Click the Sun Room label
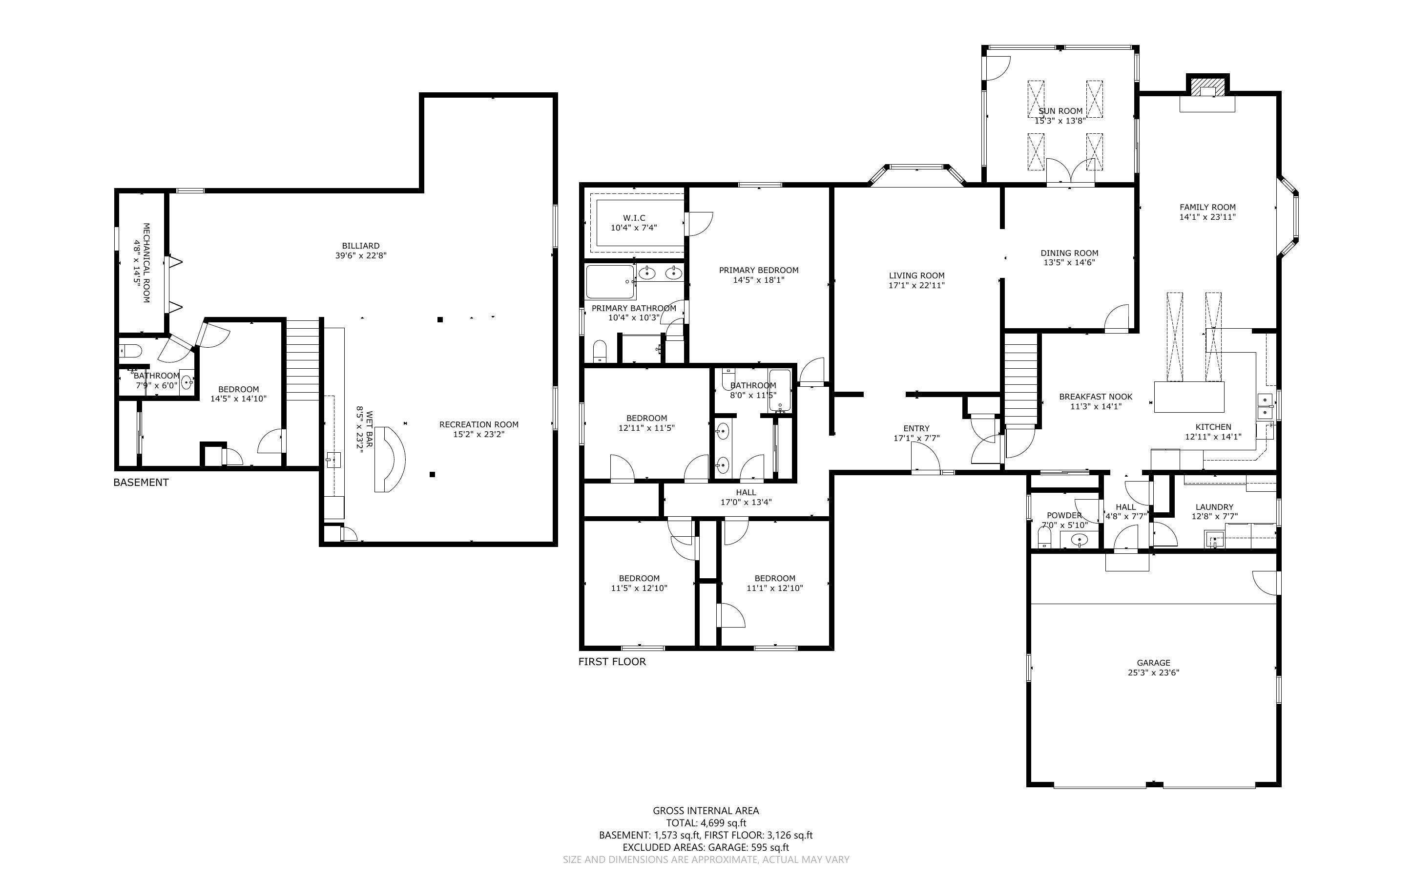point(1060,111)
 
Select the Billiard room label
point(361,246)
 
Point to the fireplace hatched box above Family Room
point(1207,87)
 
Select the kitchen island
point(1189,397)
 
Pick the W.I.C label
point(634,218)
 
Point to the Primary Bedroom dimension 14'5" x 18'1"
point(759,280)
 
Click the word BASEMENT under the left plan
point(141,483)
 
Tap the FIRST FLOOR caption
point(612,662)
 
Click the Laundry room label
point(1215,507)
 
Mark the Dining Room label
point(1069,253)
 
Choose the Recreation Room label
point(478,424)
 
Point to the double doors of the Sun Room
point(1070,172)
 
